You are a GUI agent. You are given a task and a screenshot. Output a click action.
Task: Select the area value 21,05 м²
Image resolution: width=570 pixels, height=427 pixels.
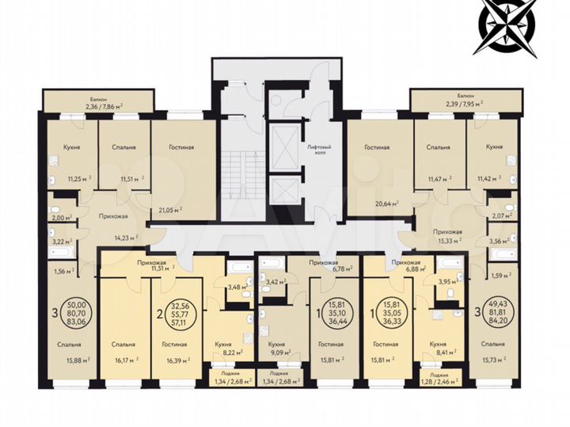pyautogui.click(x=169, y=210)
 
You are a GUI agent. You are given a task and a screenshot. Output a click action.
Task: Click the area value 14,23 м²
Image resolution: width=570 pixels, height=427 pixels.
pyautogui.click(x=126, y=235)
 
